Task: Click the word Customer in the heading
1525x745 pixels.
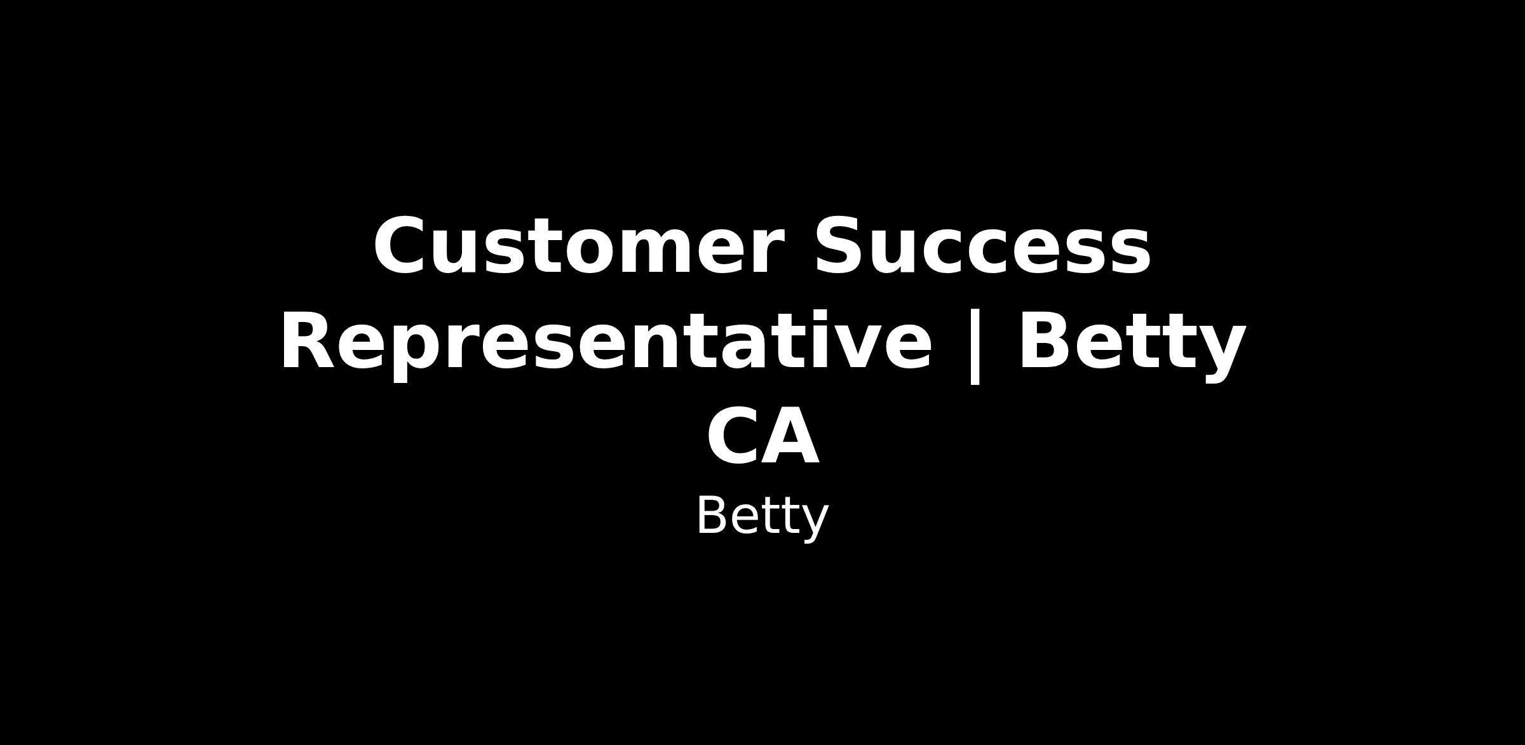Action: coord(578,246)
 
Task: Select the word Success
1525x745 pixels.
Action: coord(983,246)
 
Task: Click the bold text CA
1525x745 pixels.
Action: coord(762,437)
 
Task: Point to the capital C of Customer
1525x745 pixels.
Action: coord(400,246)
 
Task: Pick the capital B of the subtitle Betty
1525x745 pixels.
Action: coord(711,516)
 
